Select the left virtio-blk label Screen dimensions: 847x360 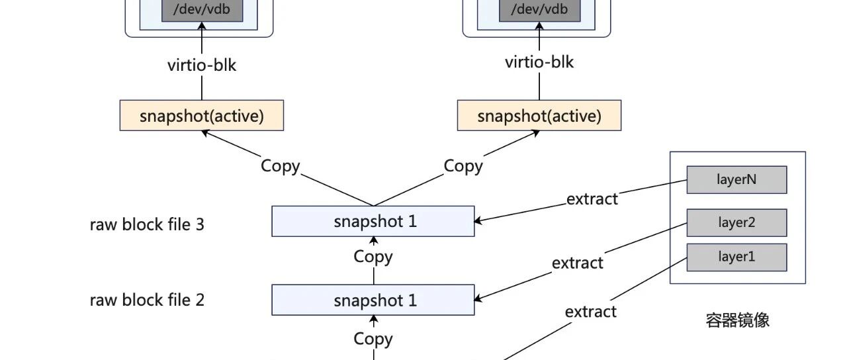(202, 65)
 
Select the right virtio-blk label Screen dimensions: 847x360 (539, 62)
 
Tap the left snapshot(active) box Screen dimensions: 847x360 (202, 115)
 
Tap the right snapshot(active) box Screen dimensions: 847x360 (539, 115)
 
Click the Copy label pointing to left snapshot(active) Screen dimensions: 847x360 (280, 166)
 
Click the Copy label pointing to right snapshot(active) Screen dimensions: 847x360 (463, 166)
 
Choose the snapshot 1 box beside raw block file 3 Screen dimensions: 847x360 (373, 221)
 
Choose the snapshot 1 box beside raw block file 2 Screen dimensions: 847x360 (373, 300)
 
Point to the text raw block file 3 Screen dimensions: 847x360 (147, 224)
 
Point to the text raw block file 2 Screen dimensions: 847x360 (147, 300)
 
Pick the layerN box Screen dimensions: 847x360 (737, 179)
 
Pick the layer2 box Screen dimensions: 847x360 (737, 223)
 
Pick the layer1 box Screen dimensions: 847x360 (737, 257)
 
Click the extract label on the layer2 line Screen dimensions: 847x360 (578, 263)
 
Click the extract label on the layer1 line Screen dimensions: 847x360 (591, 312)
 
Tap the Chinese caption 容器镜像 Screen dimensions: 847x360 (737, 320)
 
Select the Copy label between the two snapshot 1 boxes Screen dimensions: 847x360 (373, 257)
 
